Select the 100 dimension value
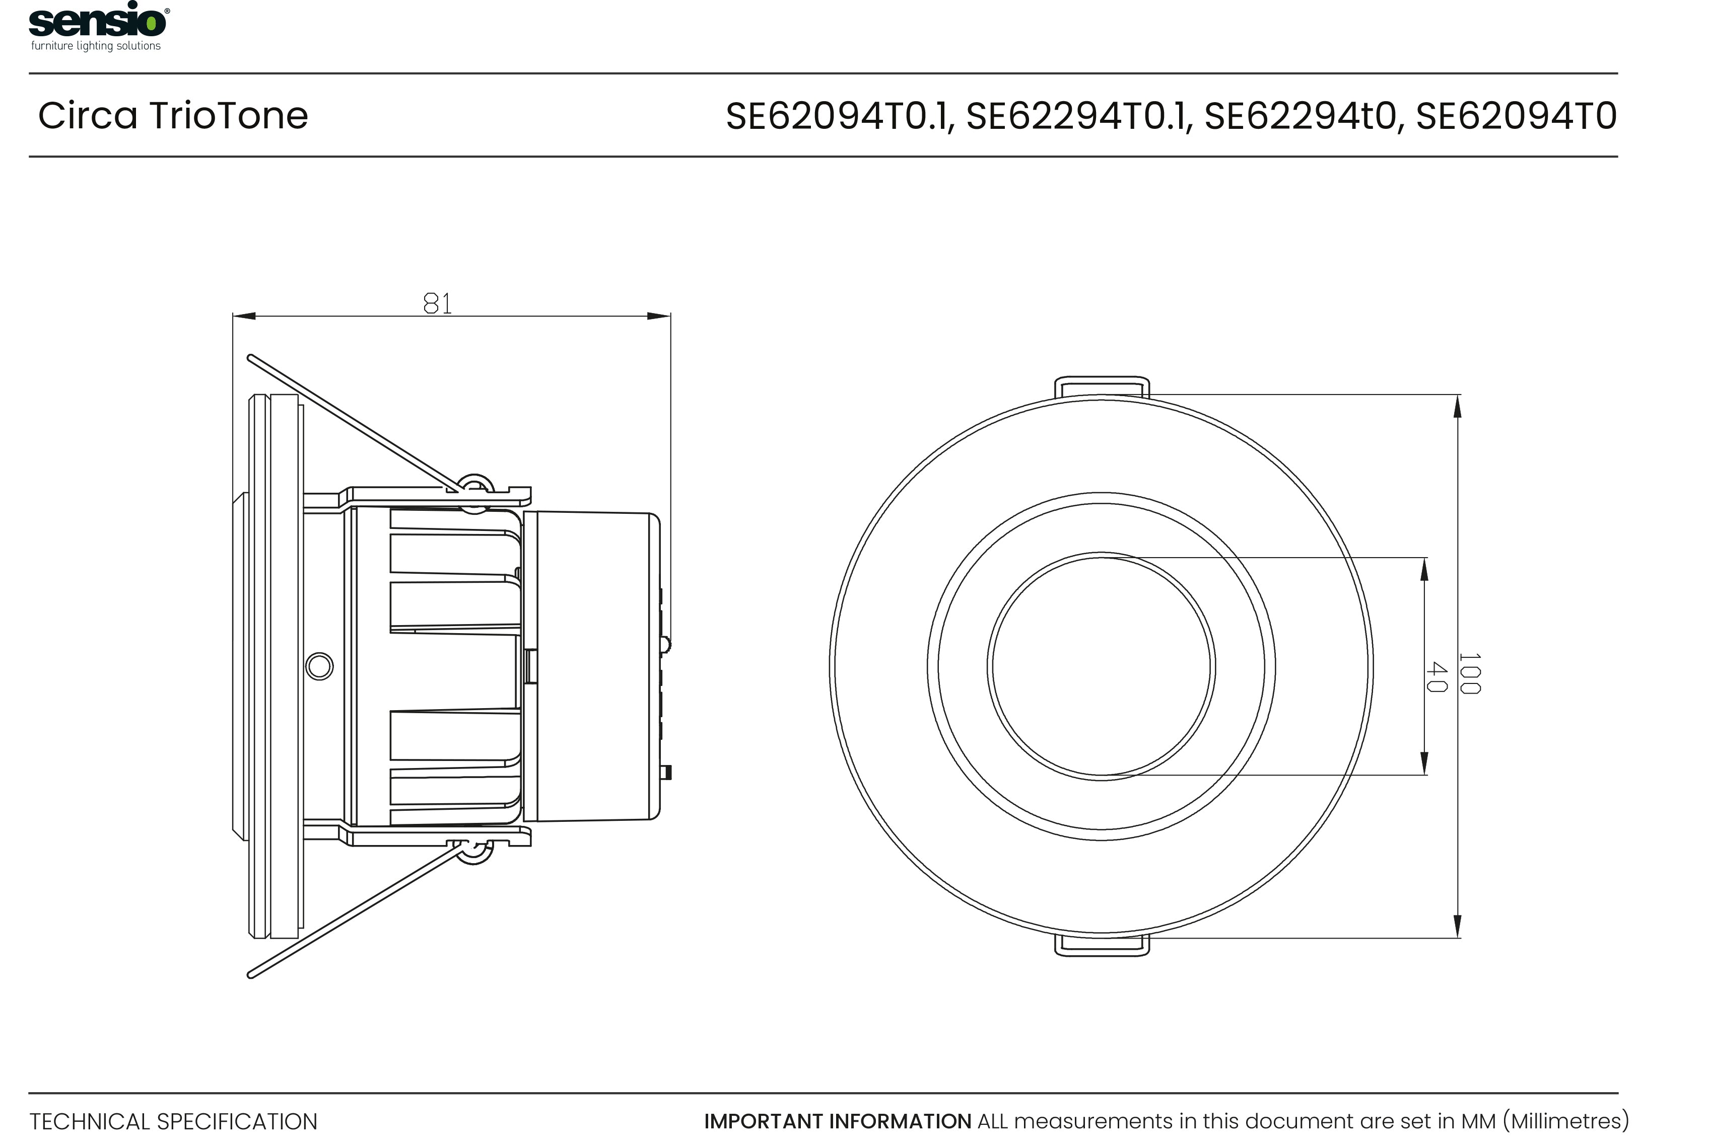pyautogui.click(x=1469, y=673)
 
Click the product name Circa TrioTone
pyautogui.click(x=173, y=116)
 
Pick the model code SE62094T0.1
pyautogui.click(x=838, y=116)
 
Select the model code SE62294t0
pyautogui.click(x=1300, y=116)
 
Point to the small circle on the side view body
pyautogui.click(x=319, y=666)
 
